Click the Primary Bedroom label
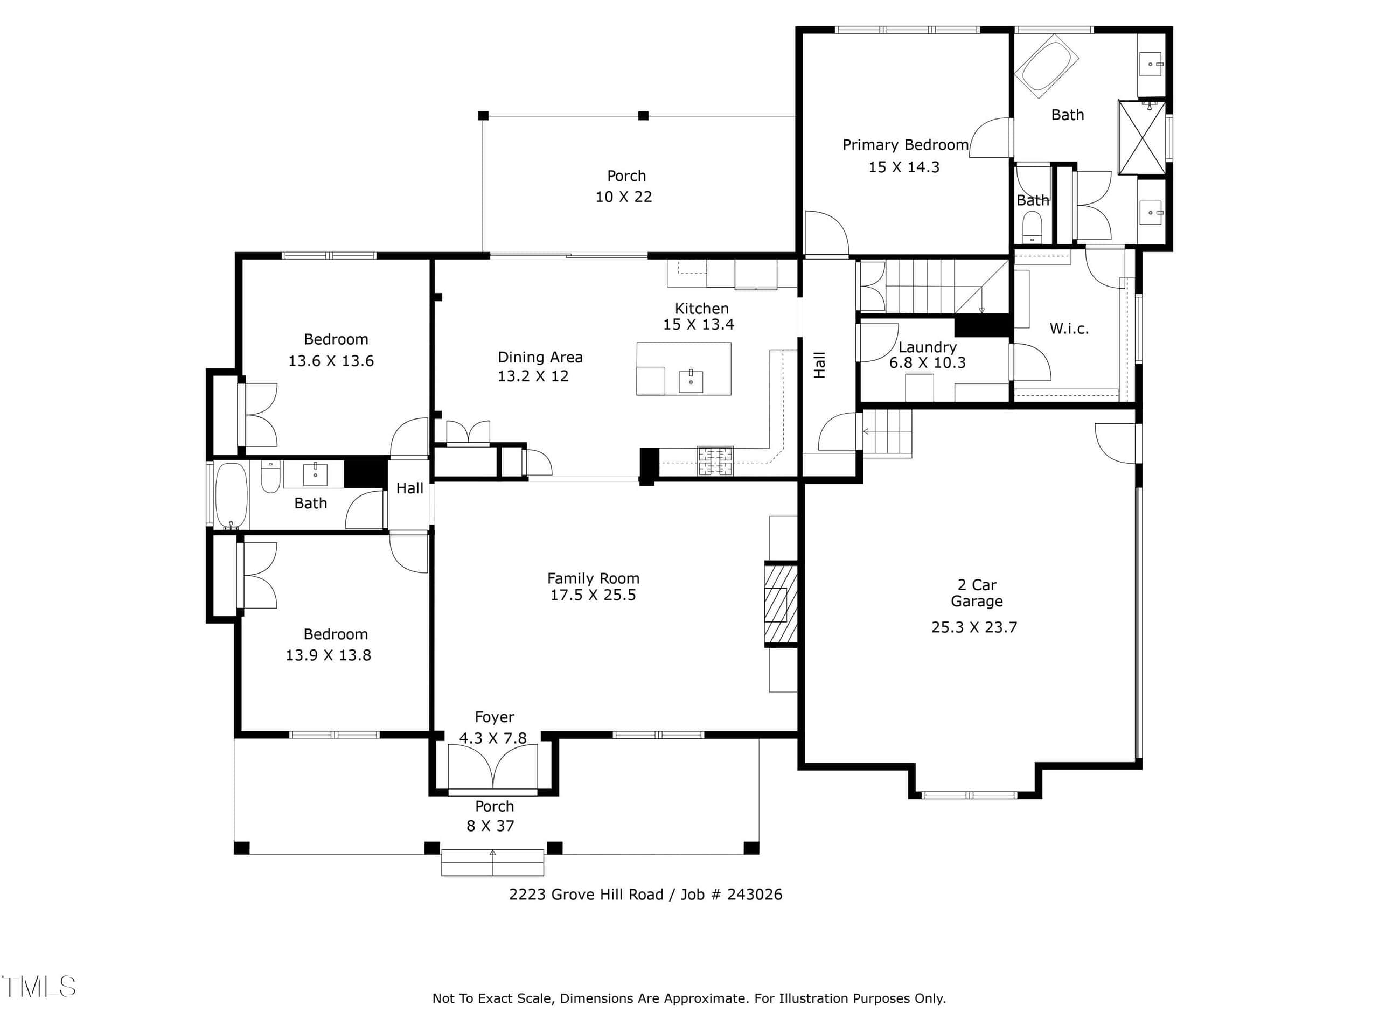pyautogui.click(x=905, y=145)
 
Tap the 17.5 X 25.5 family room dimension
pyautogui.click(x=593, y=595)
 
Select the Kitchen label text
pyautogui.click(x=701, y=309)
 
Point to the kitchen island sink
pyautogui.click(x=691, y=381)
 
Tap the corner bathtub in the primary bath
pyautogui.click(x=1047, y=66)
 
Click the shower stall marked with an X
pyautogui.click(x=1141, y=137)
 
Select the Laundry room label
pyautogui.click(x=927, y=347)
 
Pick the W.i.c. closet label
pyautogui.click(x=1069, y=329)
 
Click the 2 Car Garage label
pyautogui.click(x=976, y=593)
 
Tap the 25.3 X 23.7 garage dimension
pyautogui.click(x=974, y=627)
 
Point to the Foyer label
pyautogui.click(x=495, y=717)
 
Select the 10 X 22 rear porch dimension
pyautogui.click(x=623, y=197)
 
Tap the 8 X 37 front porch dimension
pyautogui.click(x=491, y=826)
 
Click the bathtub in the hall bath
pyautogui.click(x=231, y=495)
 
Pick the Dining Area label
pyautogui.click(x=540, y=357)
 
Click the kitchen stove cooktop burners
pyautogui.click(x=715, y=461)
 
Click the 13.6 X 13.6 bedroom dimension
pyautogui.click(x=331, y=361)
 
